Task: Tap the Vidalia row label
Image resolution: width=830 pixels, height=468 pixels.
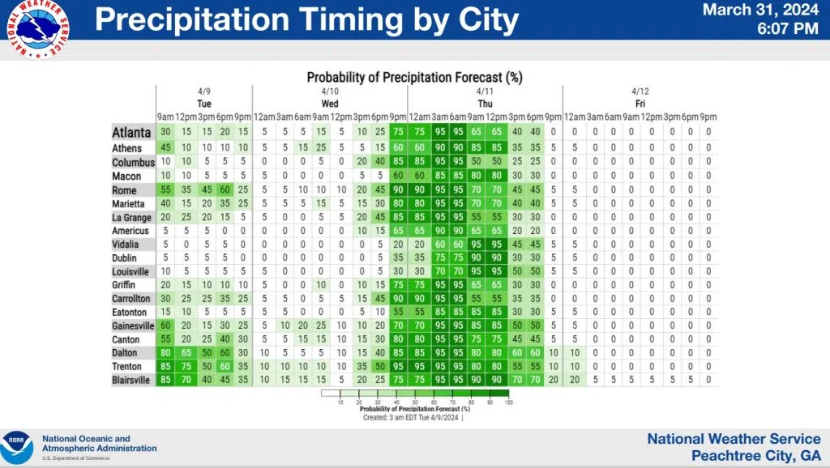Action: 126,244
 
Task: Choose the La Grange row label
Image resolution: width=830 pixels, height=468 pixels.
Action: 130,217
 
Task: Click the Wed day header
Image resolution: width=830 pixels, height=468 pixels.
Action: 330,104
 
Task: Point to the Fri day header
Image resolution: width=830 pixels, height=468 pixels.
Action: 640,104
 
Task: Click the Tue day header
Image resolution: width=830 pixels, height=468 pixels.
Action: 204,104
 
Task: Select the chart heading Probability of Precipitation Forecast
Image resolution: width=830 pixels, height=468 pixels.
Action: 414,78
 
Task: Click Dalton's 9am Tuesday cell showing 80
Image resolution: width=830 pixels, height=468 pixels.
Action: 166,352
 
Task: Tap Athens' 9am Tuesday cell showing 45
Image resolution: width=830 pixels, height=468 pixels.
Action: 166,148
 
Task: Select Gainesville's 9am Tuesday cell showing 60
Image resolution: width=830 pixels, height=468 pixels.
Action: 166,325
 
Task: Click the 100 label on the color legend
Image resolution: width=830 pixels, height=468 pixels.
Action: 507,402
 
